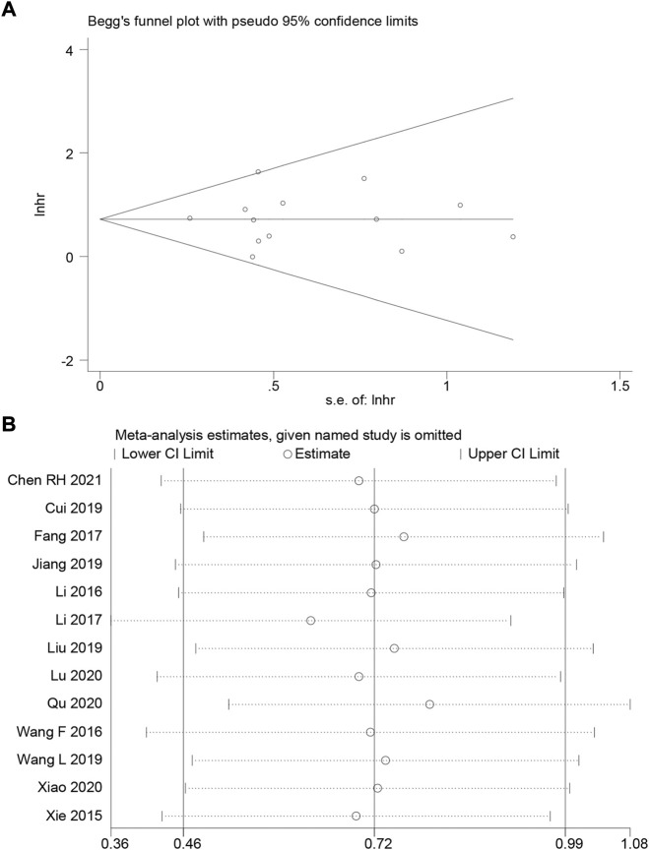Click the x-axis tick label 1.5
click(618, 384)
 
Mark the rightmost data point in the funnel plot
click(513, 237)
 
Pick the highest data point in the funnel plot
click(258, 172)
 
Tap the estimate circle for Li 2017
click(311, 620)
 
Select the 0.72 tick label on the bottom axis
click(374, 842)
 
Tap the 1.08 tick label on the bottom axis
click(630, 842)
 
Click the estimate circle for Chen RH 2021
click(358, 480)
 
